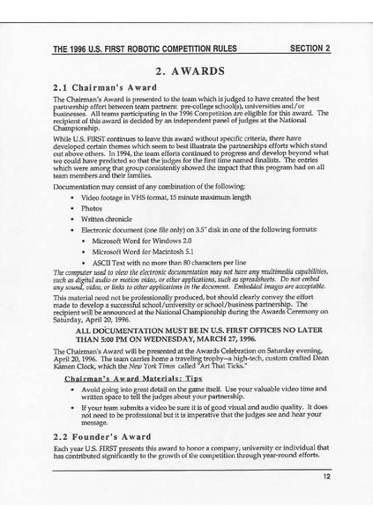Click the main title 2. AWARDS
tap(186, 71)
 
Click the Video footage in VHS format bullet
tap(153, 197)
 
